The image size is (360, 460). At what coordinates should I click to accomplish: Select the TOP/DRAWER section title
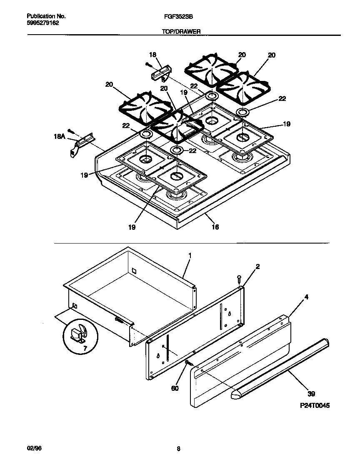182,31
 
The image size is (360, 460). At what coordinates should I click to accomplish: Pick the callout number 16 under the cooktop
215,227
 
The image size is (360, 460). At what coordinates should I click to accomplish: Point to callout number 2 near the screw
257,266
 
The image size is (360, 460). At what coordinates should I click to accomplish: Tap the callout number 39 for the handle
311,393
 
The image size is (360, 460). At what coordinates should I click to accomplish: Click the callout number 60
175,388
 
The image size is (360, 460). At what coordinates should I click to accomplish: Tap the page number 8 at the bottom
178,449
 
